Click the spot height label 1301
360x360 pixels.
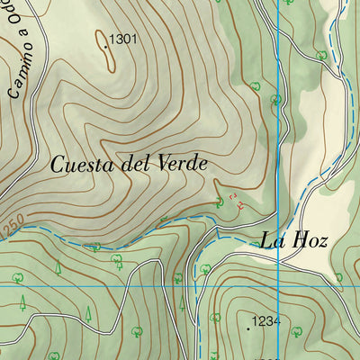pos(122,40)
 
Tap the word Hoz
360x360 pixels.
pos(309,240)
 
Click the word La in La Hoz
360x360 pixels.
pos(273,240)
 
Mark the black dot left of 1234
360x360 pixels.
pos(249,328)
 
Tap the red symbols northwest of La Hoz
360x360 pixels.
pos(236,200)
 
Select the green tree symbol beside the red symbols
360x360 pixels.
pos(220,202)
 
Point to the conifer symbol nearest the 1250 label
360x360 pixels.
pos(57,266)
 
